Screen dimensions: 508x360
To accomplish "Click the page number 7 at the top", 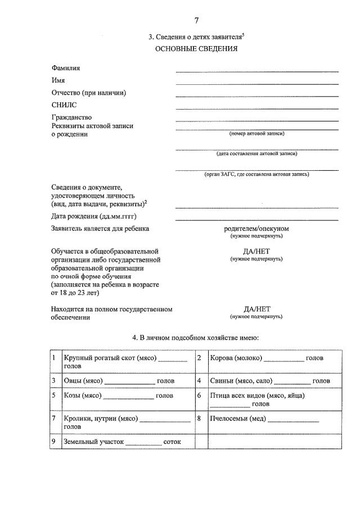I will click(x=196, y=21).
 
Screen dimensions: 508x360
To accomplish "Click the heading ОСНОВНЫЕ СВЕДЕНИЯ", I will click(x=196, y=48).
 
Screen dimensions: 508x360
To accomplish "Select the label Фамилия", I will click(x=65, y=68).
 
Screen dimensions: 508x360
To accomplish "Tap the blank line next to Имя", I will click(x=256, y=84).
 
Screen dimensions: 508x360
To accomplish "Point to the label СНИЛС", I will click(x=64, y=105).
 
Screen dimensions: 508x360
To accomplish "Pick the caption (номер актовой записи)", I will click(x=256, y=134).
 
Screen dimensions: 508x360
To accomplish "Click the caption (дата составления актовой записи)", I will click(x=256, y=153).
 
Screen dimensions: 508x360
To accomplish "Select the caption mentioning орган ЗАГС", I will click(x=256, y=174).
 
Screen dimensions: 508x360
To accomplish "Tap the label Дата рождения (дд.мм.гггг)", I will click(x=94, y=216).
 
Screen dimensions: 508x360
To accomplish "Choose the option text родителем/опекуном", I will click(x=256, y=229).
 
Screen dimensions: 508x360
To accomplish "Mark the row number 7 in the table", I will click(x=53, y=419).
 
